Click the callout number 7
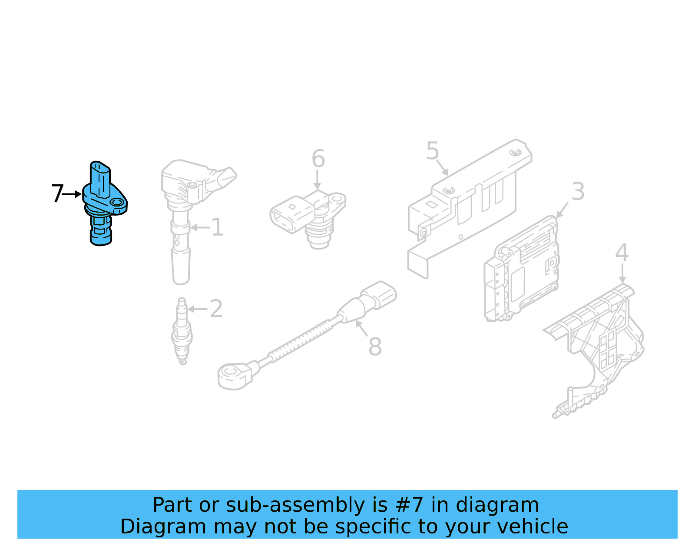coord(58,193)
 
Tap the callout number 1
coord(218,227)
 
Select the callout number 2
coord(216,309)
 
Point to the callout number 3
coord(578,192)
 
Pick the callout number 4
coord(622,253)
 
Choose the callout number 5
coord(433,151)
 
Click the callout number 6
coord(318,158)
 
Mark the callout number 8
coord(375,346)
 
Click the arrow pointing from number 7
coord(72,194)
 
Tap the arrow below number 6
coord(317,180)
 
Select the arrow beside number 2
coord(198,309)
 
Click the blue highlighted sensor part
coord(105,203)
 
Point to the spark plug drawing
coord(182,331)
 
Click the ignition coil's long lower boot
coord(181,267)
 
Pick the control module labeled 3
coord(522,269)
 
